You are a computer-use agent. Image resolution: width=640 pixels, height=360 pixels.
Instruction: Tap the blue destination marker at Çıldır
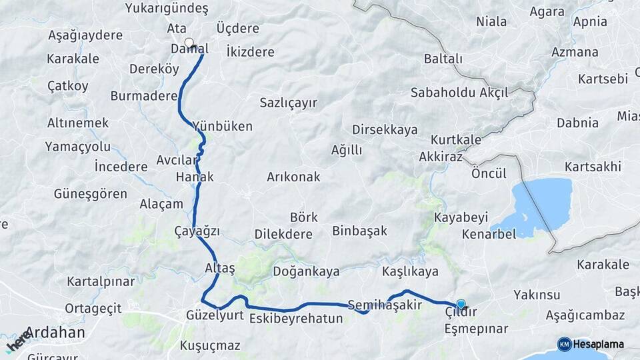(461, 304)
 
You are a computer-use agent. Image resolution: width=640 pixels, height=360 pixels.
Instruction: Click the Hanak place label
(195, 177)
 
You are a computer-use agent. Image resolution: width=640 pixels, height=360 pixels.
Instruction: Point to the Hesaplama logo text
(598, 344)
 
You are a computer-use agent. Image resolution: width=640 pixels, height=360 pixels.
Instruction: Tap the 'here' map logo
(18, 341)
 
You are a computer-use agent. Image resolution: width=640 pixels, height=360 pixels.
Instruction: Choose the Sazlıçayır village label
(288, 103)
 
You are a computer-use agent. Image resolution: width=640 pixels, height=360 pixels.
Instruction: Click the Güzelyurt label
(215, 315)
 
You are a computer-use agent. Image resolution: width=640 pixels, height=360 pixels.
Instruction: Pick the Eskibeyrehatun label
(296, 319)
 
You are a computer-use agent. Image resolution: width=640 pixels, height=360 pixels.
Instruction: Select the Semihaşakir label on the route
(385, 305)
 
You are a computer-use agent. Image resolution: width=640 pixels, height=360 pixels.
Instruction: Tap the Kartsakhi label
(593, 166)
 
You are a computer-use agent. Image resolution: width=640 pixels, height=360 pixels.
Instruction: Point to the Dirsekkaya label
(385, 130)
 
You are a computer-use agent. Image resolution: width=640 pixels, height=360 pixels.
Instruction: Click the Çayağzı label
(197, 231)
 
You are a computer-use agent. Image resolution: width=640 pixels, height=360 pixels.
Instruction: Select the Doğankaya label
(306, 271)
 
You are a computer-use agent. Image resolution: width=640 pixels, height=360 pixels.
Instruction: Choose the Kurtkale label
(456, 140)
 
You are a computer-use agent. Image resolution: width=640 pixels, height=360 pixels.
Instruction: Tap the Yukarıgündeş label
(167, 9)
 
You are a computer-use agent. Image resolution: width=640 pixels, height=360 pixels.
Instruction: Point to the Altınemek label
(78, 123)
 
